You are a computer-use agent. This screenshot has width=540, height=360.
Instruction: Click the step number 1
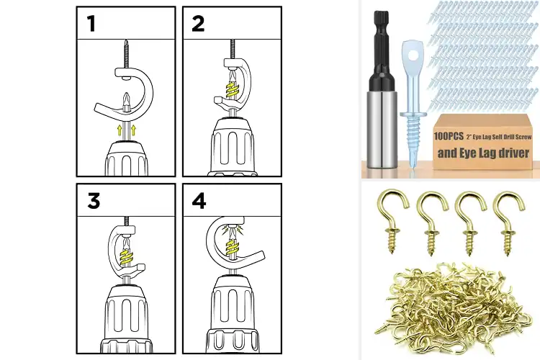91,24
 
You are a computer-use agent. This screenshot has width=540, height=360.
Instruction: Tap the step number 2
198,24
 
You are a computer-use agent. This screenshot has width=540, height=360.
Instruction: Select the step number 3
94,201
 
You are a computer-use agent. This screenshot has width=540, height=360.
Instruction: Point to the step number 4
199,201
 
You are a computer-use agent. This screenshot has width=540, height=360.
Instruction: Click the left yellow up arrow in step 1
120,130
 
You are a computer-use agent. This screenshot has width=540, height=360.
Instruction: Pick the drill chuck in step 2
233,146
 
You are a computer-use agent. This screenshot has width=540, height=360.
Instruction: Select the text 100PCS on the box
449,136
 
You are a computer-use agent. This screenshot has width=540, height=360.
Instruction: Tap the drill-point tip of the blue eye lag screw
413,166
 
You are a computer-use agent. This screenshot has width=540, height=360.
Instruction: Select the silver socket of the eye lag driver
382,129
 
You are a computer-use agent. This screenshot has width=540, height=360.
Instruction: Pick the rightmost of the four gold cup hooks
508,223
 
